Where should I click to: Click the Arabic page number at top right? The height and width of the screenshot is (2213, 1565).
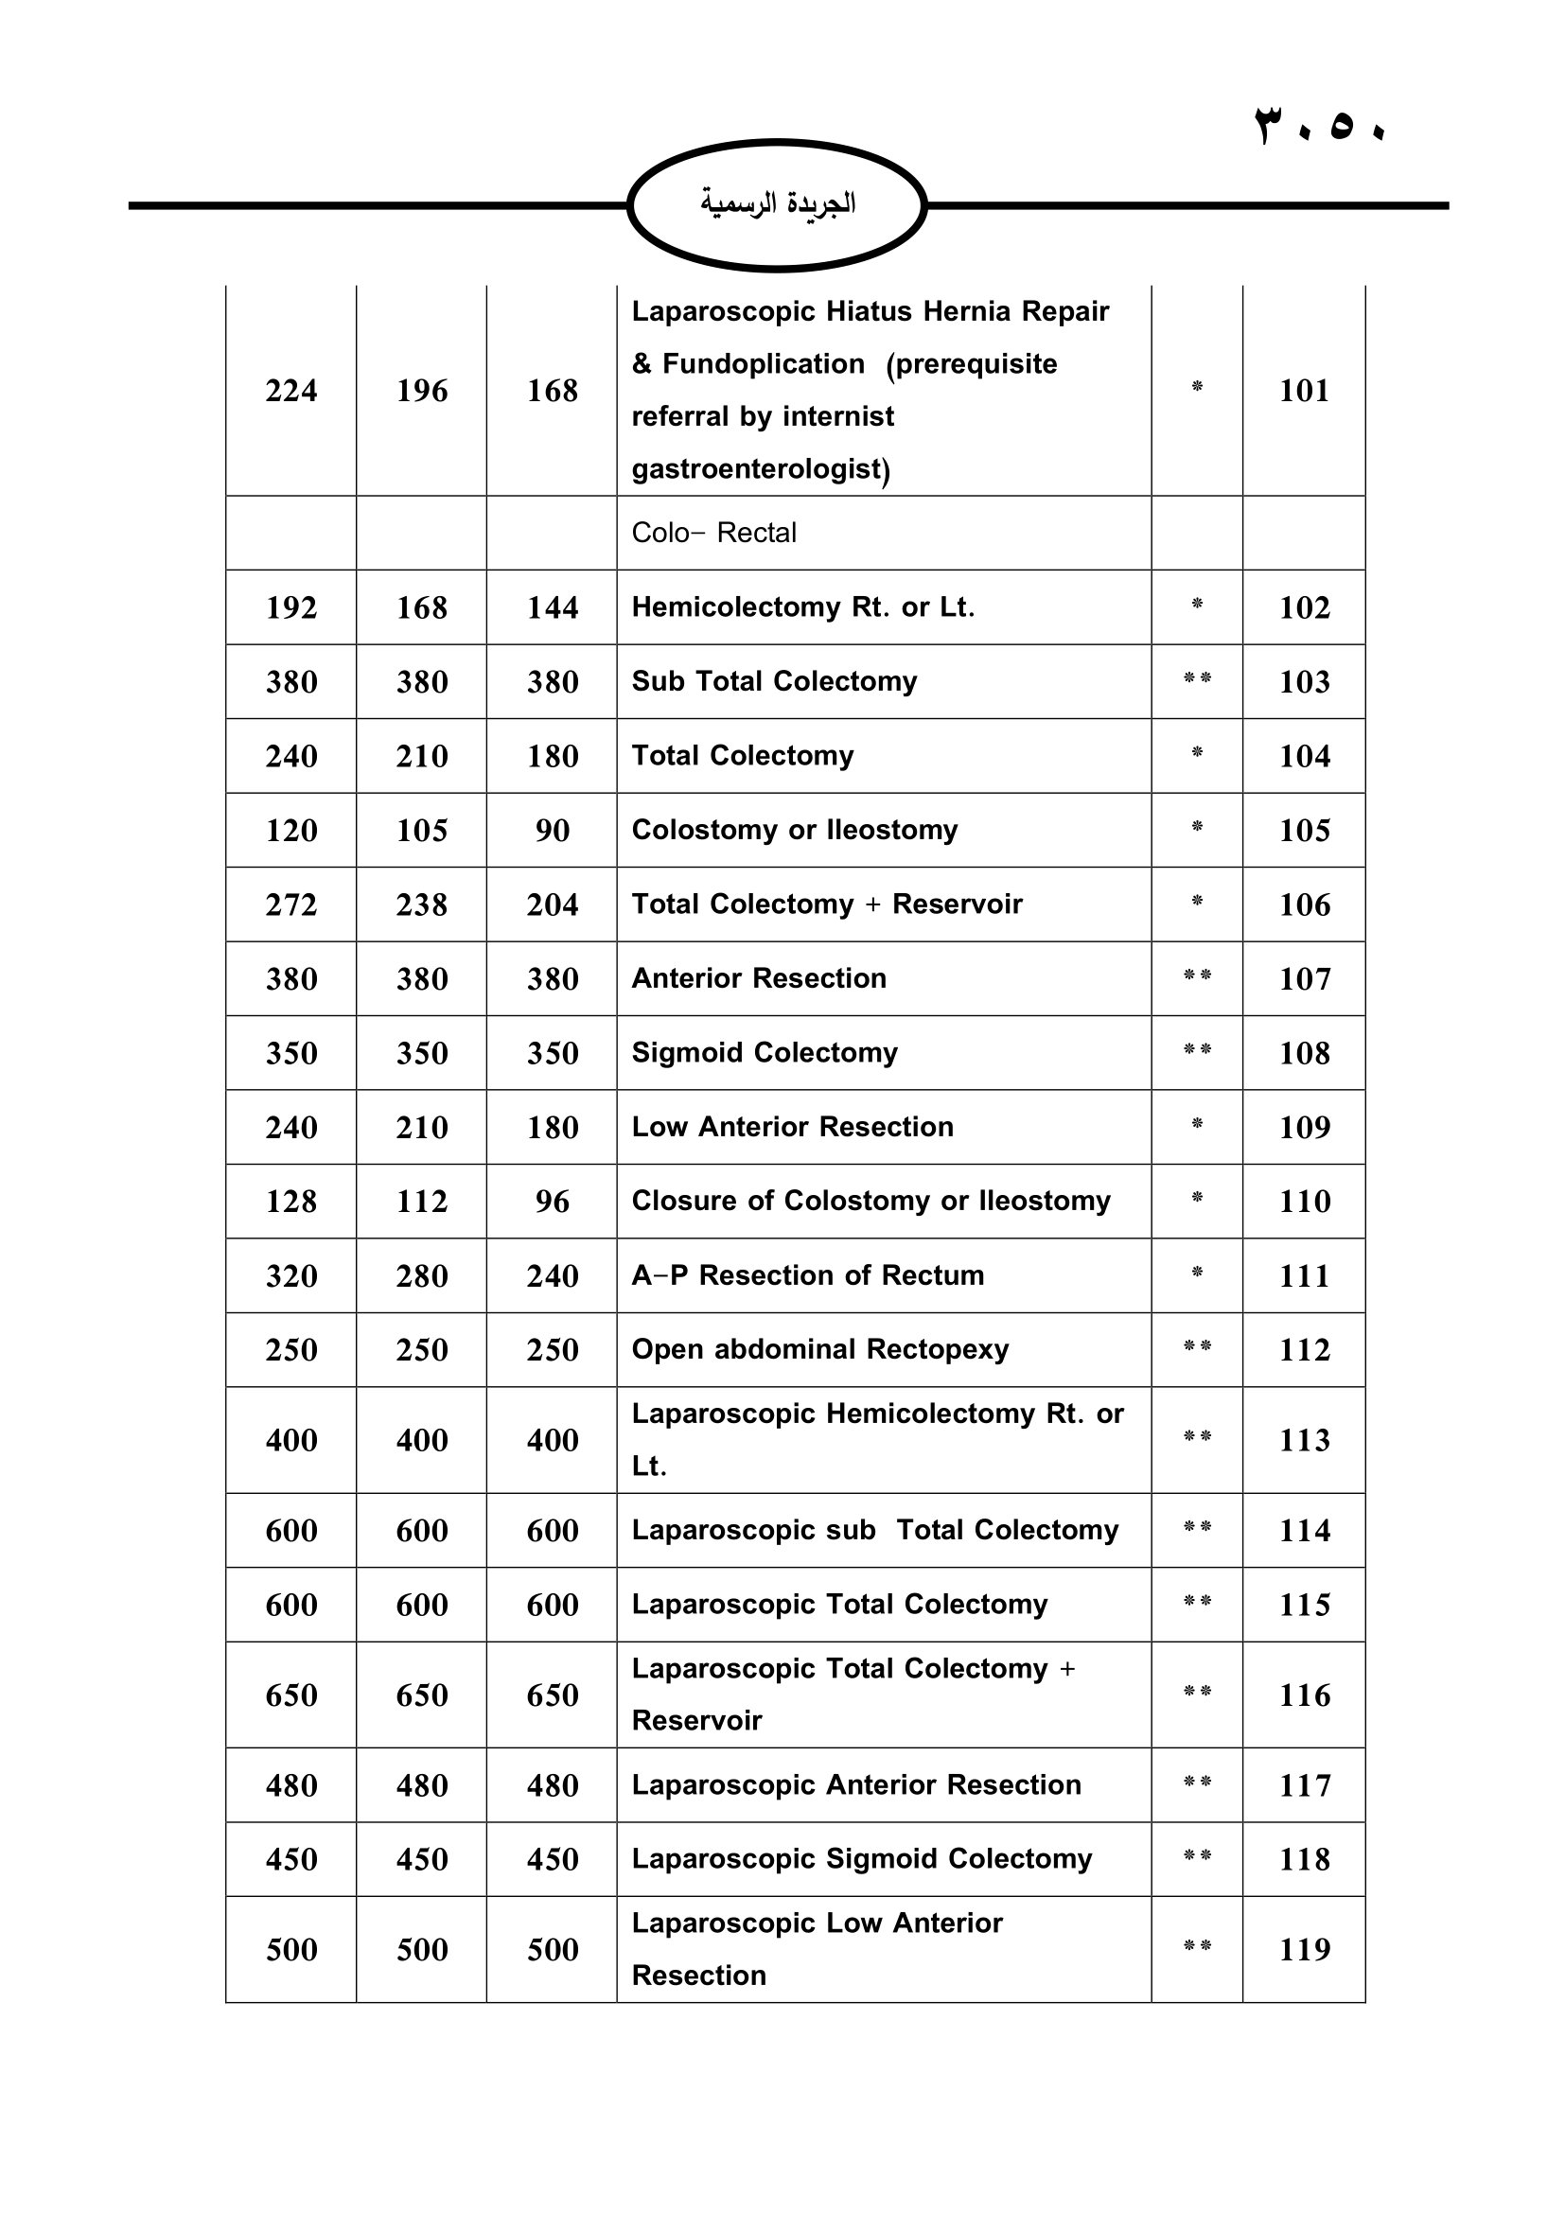click(1318, 126)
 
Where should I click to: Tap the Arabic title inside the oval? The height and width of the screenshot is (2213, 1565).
click(778, 203)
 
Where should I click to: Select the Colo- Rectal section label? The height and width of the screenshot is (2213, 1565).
click(713, 533)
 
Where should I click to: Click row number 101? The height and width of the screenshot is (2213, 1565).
click(1304, 391)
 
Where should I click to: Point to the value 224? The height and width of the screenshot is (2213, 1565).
click(291, 391)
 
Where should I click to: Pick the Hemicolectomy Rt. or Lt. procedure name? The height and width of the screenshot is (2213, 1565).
click(802, 607)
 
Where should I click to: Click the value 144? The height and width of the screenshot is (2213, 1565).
click(553, 607)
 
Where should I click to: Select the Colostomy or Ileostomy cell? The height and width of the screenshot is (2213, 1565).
click(794, 830)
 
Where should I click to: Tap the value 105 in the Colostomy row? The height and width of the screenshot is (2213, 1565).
click(422, 830)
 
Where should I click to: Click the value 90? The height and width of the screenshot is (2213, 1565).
click(553, 830)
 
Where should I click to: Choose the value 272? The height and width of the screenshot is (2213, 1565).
click(291, 905)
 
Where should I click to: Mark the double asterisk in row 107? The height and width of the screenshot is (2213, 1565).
click(1197, 976)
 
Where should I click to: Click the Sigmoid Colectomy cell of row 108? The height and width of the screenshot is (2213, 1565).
click(765, 1052)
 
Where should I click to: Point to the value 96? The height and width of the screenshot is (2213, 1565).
click(553, 1201)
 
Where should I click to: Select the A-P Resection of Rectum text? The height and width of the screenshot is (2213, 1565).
click(807, 1275)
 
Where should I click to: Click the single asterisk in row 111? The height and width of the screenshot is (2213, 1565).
click(1197, 1273)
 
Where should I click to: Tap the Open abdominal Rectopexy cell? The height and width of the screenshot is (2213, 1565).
click(820, 1349)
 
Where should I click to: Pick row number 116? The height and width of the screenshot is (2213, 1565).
click(1304, 1695)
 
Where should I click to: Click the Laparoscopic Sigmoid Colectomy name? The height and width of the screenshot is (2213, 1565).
click(862, 1858)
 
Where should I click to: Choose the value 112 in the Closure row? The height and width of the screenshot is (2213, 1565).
click(422, 1201)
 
